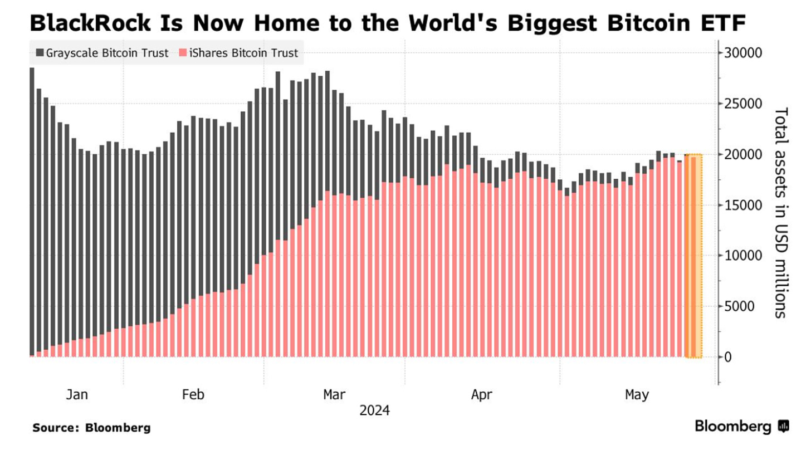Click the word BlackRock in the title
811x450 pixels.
point(90,23)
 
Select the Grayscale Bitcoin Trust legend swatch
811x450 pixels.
point(40,53)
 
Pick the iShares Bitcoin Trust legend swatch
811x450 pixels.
point(183,53)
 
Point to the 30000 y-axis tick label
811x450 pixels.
point(743,53)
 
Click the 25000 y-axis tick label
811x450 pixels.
point(743,104)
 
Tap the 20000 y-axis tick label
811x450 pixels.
point(743,155)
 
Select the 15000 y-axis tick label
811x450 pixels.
point(743,206)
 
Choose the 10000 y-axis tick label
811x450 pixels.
point(743,256)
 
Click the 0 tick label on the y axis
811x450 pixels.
point(727,358)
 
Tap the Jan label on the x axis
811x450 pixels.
point(77,395)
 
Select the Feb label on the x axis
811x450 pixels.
point(193,395)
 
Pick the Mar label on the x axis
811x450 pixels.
point(334,395)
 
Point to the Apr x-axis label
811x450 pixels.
point(481,395)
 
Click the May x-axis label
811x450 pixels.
point(637,395)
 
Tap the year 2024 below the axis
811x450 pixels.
point(374,410)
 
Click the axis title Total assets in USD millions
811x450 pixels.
point(781,213)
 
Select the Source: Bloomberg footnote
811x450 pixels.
point(91,428)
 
